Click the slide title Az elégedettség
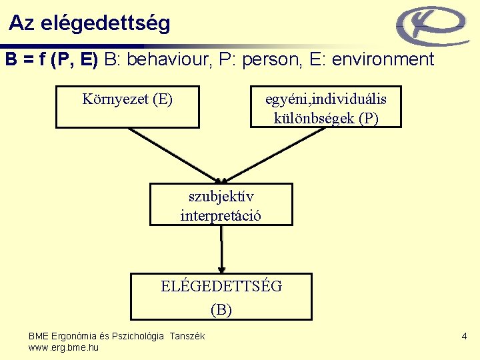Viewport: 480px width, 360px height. (x=89, y=23)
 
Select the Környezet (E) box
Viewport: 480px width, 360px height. (x=127, y=106)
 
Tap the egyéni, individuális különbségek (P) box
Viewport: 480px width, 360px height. (x=325, y=107)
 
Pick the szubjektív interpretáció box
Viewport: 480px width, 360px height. (x=221, y=205)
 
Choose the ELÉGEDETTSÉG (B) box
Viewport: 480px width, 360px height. (x=221, y=297)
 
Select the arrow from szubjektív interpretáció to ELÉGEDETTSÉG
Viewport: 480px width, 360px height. (x=221, y=248)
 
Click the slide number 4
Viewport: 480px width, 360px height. (x=464, y=337)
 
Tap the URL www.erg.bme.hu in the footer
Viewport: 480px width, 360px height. (x=63, y=347)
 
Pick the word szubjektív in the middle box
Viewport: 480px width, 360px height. (x=221, y=197)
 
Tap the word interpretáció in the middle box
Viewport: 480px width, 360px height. (x=221, y=215)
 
